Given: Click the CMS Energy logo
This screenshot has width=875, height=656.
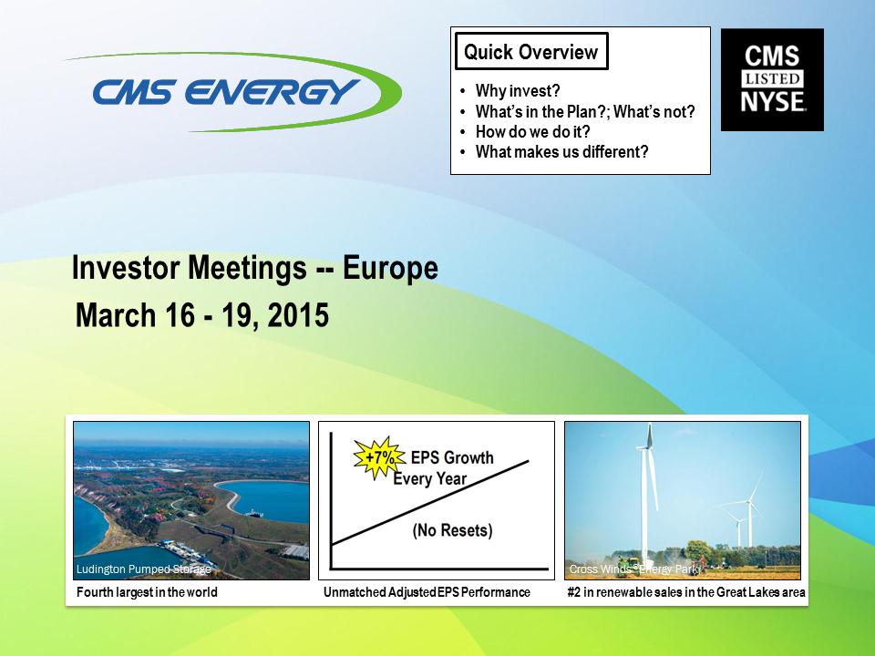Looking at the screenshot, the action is tap(234, 92).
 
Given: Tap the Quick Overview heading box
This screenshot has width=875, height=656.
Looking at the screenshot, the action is tap(531, 51).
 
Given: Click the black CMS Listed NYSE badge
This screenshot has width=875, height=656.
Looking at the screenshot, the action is tap(772, 80).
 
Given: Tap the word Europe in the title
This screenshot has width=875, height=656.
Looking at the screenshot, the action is tap(390, 268).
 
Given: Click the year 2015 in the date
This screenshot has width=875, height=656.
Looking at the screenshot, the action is tap(298, 314).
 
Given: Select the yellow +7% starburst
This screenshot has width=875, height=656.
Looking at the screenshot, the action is tap(379, 458).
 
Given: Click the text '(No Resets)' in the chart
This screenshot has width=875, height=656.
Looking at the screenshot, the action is tap(453, 530).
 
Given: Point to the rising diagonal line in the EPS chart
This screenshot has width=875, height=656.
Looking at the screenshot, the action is tap(430, 502).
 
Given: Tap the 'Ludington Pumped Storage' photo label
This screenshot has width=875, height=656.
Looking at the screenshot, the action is tap(143, 569).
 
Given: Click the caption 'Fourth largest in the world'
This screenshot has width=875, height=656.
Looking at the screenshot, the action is tap(147, 592).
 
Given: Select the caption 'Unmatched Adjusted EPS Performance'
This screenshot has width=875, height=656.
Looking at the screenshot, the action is tap(427, 592).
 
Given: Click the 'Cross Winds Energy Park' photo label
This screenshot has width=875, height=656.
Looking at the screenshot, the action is tap(634, 569).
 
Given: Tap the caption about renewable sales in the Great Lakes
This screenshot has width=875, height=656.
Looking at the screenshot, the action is tap(686, 592).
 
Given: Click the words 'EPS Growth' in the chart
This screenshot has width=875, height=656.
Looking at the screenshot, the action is tap(452, 458).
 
